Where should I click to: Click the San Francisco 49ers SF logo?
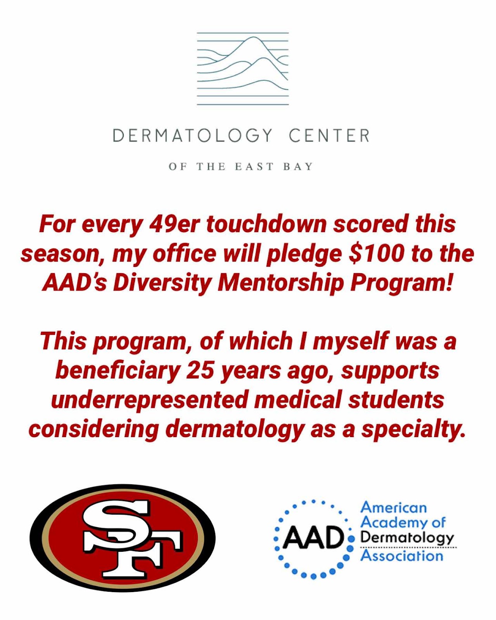[123, 538]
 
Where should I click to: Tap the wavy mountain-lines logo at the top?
[243, 69]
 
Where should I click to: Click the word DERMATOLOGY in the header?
[193, 136]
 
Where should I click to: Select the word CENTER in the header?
[329, 136]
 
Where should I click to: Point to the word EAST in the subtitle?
[254, 167]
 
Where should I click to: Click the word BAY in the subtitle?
[298, 167]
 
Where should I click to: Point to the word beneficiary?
[118, 372]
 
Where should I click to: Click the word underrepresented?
[149, 401]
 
